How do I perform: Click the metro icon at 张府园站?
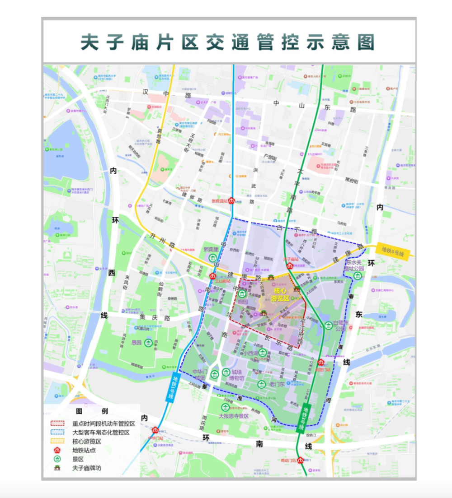coord(231,200)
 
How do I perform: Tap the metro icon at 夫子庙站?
coord(290,266)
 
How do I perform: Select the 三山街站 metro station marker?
coord(213,276)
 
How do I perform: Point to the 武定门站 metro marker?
coord(321,362)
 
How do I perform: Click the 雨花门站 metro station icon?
coord(300,461)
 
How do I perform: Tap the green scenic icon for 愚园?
coord(148,343)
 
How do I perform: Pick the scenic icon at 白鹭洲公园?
coord(329,325)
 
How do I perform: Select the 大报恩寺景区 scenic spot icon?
coord(225,407)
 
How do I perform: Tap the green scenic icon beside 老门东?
coord(261,384)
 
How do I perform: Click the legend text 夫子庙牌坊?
coord(87,468)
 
